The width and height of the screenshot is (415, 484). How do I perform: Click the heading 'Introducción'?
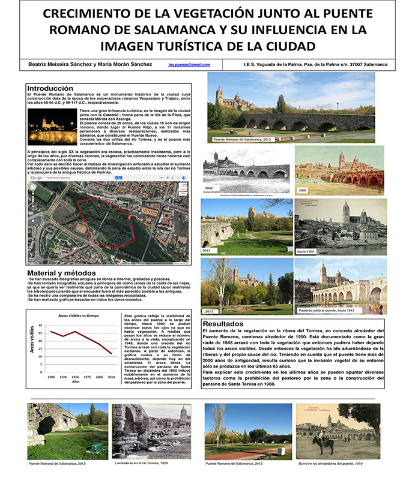tap(50, 88)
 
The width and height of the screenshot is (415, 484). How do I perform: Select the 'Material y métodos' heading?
tap(62, 273)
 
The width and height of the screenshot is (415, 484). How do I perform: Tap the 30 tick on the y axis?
tap(40, 324)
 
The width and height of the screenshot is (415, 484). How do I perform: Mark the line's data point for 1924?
tap(62, 335)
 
